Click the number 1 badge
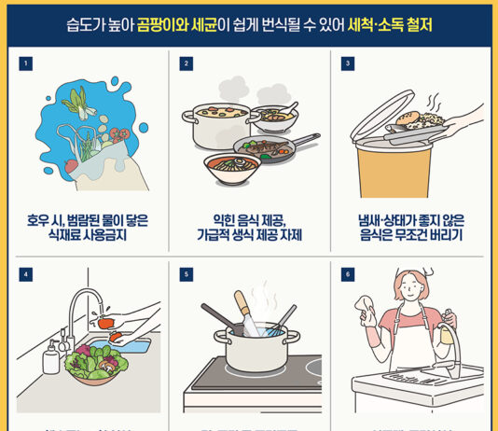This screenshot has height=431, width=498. pyautogui.click(x=25, y=63)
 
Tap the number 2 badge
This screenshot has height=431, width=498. pyautogui.click(x=187, y=63)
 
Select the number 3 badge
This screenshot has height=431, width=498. pyautogui.click(x=348, y=63)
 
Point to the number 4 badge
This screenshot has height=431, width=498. pyautogui.click(x=25, y=274)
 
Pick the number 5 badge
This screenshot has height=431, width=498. pyautogui.click(x=187, y=274)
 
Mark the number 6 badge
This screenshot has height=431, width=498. pyautogui.click(x=348, y=274)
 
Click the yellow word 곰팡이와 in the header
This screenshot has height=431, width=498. pyautogui.click(x=167, y=21)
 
